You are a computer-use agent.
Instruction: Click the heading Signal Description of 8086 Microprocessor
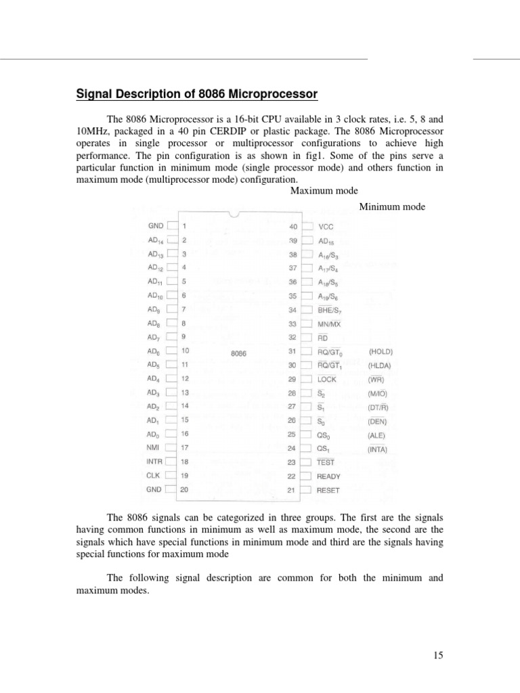click(x=196, y=93)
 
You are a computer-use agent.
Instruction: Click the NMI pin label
click(x=152, y=447)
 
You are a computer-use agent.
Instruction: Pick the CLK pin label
click(x=153, y=475)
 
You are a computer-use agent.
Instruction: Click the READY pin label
click(x=328, y=476)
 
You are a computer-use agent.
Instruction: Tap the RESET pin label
click(x=328, y=491)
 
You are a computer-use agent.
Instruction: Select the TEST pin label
click(x=326, y=462)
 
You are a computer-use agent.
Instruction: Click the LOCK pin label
click(x=326, y=380)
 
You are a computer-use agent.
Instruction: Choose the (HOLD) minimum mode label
click(x=381, y=352)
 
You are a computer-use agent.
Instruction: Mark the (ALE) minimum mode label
click(x=377, y=435)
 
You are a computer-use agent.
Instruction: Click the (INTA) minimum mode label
click(x=378, y=449)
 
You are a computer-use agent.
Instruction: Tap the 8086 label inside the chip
click(x=238, y=353)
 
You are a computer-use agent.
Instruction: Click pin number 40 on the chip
click(x=292, y=227)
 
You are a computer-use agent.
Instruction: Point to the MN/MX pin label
click(x=328, y=324)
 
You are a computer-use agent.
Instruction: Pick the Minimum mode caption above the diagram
click(x=392, y=206)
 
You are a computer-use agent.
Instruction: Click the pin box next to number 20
click(x=172, y=489)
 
